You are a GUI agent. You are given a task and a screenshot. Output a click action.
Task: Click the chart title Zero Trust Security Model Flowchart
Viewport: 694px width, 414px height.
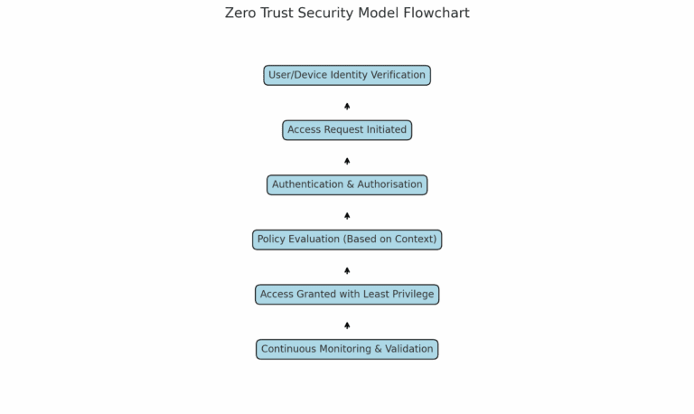click(x=347, y=14)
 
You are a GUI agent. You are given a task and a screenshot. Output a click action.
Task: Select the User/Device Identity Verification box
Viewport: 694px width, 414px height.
click(x=347, y=75)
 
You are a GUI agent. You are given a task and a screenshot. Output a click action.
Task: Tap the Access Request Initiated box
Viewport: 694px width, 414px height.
click(x=347, y=130)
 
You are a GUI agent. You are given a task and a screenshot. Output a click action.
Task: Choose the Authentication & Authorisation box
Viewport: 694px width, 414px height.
click(x=347, y=184)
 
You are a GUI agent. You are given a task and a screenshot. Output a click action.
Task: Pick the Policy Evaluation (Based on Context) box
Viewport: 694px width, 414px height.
click(x=347, y=240)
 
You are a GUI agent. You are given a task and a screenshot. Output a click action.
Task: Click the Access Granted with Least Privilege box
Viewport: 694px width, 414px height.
click(x=347, y=294)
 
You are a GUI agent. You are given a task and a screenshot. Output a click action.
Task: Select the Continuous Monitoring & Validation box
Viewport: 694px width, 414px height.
click(x=347, y=349)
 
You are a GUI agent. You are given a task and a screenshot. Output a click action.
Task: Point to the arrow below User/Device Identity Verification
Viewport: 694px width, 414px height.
click(x=347, y=106)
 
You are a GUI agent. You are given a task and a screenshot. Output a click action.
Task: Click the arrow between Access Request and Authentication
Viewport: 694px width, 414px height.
click(x=347, y=161)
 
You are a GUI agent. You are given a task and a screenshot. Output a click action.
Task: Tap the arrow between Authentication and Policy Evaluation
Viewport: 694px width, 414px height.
click(x=347, y=215)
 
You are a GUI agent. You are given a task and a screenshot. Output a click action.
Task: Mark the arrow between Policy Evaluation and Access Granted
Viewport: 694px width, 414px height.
click(x=347, y=270)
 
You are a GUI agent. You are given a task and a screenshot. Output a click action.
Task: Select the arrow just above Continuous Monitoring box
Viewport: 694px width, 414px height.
click(x=347, y=325)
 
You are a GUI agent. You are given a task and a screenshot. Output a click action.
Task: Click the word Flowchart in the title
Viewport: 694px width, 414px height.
click(x=437, y=14)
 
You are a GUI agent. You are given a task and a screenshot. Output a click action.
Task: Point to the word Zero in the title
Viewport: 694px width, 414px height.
click(x=240, y=14)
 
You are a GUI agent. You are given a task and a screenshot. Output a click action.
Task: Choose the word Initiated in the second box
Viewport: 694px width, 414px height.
click(x=387, y=130)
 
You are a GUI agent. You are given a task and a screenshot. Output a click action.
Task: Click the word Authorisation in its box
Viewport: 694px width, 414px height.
click(x=389, y=184)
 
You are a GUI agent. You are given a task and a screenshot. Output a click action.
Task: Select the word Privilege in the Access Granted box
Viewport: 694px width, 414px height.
click(x=412, y=294)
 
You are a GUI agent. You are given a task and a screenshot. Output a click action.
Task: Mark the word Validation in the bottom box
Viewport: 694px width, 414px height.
click(x=408, y=349)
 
